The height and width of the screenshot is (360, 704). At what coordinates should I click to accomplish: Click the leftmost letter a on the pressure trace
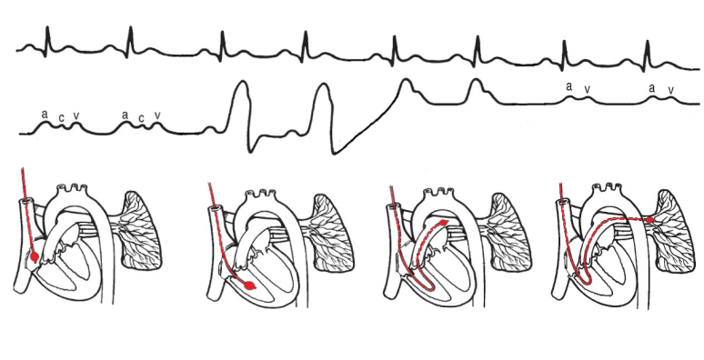[44, 115]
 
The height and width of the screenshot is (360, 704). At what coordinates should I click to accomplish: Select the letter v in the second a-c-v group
[157, 115]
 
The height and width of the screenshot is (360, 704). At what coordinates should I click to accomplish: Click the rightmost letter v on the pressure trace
[671, 89]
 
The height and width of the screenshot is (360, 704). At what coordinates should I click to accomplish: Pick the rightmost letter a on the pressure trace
[651, 87]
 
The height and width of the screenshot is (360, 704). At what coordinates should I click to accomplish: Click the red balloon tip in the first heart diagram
[35, 257]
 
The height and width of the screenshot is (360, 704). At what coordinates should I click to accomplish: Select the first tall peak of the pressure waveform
[241, 84]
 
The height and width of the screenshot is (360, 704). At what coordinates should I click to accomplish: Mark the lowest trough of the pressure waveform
[334, 151]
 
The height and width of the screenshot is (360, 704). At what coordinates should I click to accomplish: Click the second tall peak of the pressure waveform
[322, 85]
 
